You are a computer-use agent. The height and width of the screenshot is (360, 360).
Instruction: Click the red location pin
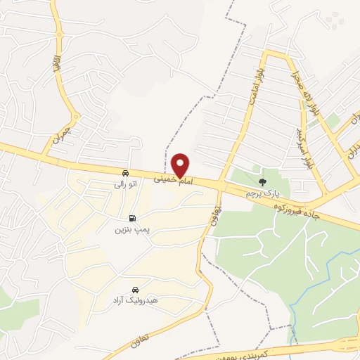coord(181,165)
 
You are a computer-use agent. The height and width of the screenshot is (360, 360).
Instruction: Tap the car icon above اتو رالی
coord(124,173)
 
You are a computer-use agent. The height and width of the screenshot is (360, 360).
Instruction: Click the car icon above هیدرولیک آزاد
coord(135,290)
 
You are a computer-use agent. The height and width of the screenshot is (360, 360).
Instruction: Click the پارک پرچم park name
coord(263,191)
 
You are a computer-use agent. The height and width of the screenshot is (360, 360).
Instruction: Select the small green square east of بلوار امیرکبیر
coord(332,122)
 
